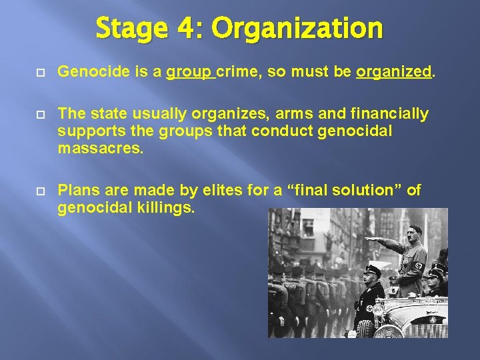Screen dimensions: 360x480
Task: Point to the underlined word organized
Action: (x=394, y=72)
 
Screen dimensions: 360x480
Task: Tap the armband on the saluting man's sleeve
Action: (x=419, y=267)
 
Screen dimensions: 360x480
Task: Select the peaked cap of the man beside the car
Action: (x=372, y=270)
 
